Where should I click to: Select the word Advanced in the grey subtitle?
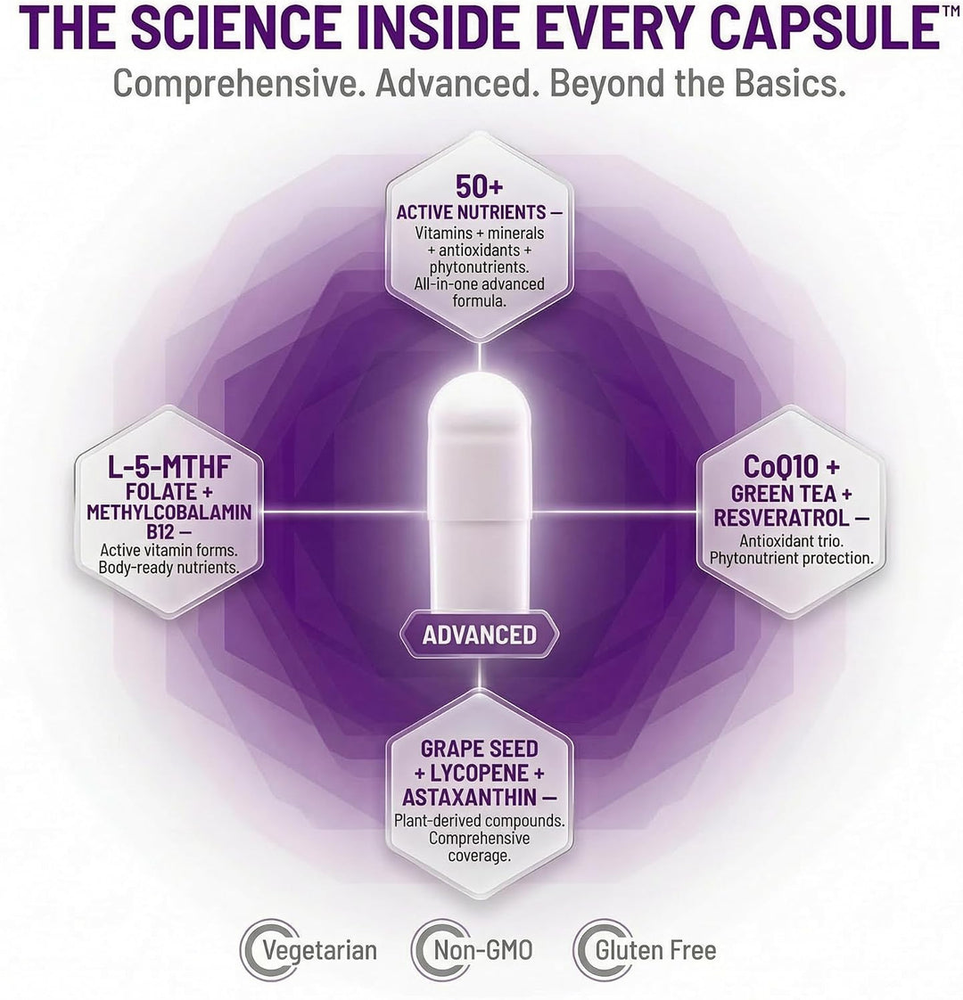point(457,83)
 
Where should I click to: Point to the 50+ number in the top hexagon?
point(479,186)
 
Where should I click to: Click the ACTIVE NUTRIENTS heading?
point(472,212)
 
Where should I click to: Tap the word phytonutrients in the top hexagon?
point(479,266)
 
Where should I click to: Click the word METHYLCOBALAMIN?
point(169,512)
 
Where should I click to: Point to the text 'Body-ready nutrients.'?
point(169,567)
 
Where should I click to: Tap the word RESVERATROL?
point(782,518)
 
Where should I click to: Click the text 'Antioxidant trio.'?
point(791,541)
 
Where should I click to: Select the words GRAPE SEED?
point(479,749)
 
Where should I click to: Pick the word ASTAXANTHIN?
point(469,797)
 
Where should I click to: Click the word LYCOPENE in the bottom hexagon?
point(479,773)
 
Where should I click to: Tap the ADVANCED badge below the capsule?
point(479,635)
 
